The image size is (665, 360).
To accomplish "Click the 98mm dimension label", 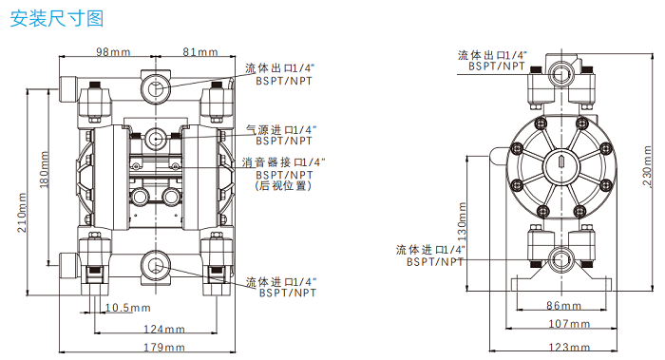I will pos(114,51).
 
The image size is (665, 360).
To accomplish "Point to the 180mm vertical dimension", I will pos(45,169).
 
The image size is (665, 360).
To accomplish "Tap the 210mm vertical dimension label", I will pos(22,211).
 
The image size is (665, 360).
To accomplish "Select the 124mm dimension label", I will pos(162,330).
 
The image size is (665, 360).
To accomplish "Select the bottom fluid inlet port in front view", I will pos(154,263).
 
